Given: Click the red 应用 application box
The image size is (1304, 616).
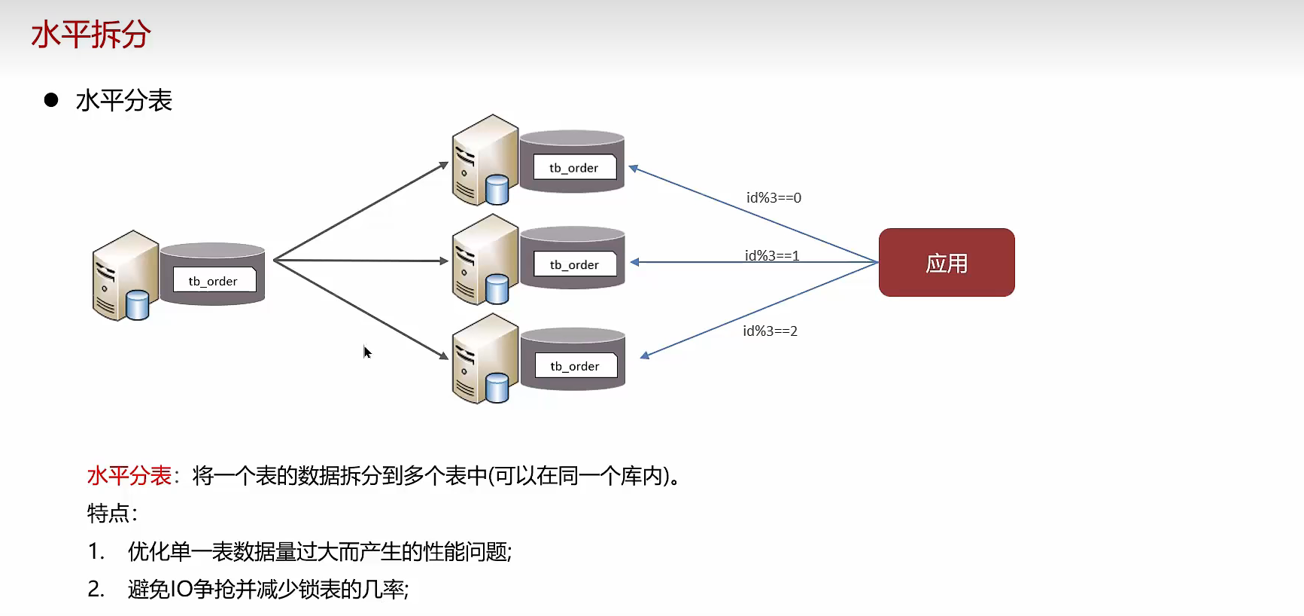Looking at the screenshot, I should point(947,263).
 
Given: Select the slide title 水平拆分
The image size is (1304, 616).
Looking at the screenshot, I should point(91,35).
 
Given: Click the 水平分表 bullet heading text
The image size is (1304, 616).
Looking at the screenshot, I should point(124,101).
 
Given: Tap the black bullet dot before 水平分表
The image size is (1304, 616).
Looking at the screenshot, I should point(51,100).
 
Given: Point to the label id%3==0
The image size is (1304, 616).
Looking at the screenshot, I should point(774,198).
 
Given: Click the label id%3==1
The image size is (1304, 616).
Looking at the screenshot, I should point(772,255).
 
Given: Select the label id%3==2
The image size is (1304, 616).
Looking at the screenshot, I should point(770,331).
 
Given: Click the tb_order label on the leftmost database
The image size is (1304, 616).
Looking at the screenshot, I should point(213,281).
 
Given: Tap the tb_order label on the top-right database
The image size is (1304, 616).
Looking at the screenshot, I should point(574,168).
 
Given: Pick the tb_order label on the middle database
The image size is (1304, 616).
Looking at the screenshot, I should point(574,265).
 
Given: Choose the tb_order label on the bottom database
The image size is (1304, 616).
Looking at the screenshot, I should point(575,367).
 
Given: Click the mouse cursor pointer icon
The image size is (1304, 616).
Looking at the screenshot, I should point(366,352).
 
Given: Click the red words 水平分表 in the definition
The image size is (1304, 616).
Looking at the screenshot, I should point(129,476).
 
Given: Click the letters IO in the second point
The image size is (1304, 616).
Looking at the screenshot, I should point(182,590).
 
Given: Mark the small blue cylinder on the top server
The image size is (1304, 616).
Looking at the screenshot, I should point(497,190).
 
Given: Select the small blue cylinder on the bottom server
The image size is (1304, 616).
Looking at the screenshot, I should point(497,389).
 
